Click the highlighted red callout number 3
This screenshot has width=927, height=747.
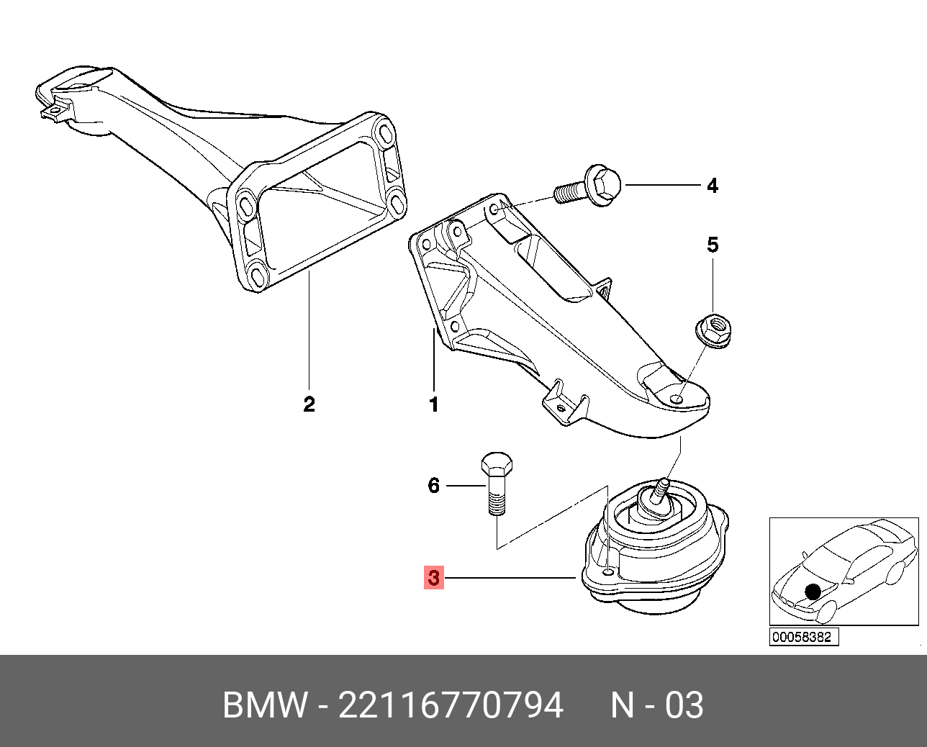click(433, 577)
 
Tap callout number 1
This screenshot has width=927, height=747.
click(434, 404)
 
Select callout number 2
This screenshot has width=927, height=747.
click(309, 404)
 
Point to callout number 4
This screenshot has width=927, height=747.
click(712, 186)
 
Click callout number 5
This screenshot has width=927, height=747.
click(712, 245)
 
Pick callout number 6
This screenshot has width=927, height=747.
click(433, 486)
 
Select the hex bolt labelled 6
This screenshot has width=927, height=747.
click(496, 482)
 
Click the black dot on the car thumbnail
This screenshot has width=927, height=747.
click(813, 592)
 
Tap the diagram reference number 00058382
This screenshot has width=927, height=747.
click(803, 637)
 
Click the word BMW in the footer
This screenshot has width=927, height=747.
click(265, 705)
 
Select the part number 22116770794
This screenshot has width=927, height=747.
click(451, 705)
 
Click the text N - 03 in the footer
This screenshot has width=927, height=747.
click(657, 705)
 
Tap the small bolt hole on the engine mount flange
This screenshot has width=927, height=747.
click(608, 571)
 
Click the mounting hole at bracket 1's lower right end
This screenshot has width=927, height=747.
click(677, 399)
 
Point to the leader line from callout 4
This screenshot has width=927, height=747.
click(662, 186)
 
